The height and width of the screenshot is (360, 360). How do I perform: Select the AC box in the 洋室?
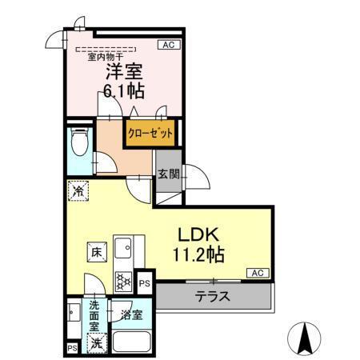(169, 45)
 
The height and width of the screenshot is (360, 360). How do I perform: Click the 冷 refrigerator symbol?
(78, 191)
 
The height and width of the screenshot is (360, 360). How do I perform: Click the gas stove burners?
(124, 281)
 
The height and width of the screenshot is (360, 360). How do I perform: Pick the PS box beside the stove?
(145, 282)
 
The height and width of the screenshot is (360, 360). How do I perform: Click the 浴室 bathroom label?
(132, 314)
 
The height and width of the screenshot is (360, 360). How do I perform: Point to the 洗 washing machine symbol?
(95, 344)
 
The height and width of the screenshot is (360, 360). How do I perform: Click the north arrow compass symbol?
(306, 338)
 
